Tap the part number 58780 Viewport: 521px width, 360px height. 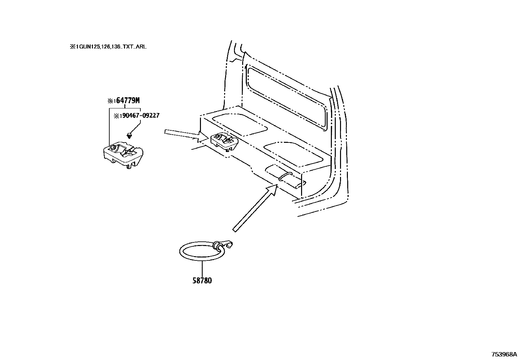click(x=202, y=280)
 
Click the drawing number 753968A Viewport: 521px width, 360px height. click(x=504, y=354)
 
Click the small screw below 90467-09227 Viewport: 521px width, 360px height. click(x=129, y=135)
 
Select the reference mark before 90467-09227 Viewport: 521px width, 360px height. click(x=117, y=116)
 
